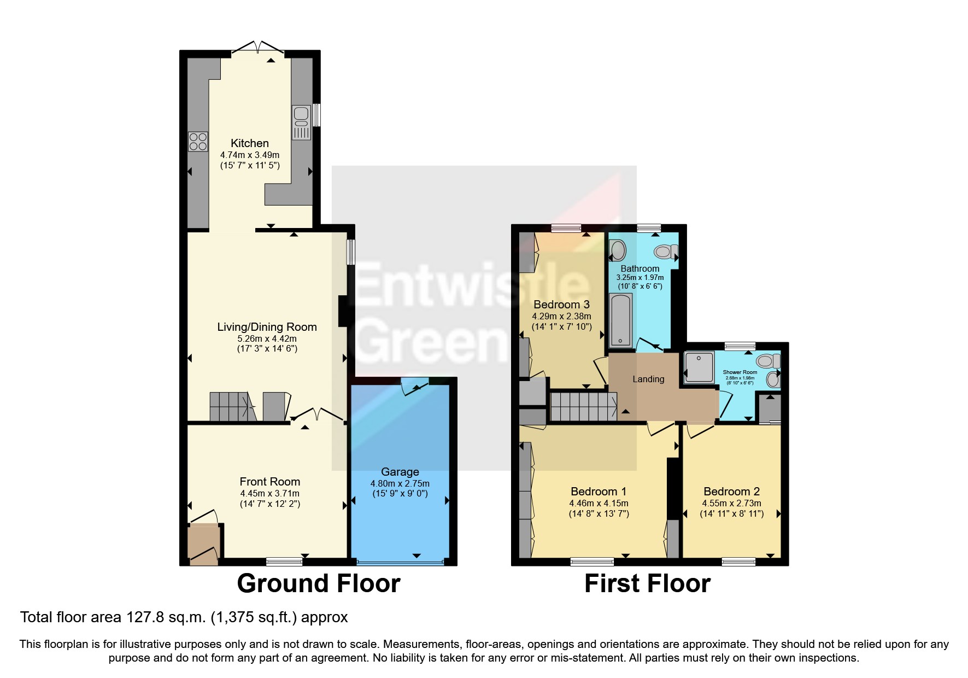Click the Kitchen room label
click(x=249, y=143)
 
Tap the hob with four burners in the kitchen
click(x=198, y=142)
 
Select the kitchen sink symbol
click(x=301, y=122)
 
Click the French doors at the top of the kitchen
click(x=258, y=49)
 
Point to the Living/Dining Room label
click(x=267, y=327)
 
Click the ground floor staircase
click(x=230, y=406)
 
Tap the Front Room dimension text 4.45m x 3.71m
click(x=269, y=493)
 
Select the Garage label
click(x=400, y=472)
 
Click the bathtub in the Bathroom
click(x=620, y=320)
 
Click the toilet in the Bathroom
click(x=665, y=252)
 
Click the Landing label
click(x=648, y=379)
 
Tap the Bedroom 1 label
click(x=599, y=491)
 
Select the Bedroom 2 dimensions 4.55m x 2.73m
click(x=731, y=503)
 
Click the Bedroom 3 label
click(x=561, y=305)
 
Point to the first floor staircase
click(x=582, y=406)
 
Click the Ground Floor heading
click(x=319, y=583)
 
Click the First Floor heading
click(x=647, y=583)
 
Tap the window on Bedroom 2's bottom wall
click(x=738, y=561)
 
